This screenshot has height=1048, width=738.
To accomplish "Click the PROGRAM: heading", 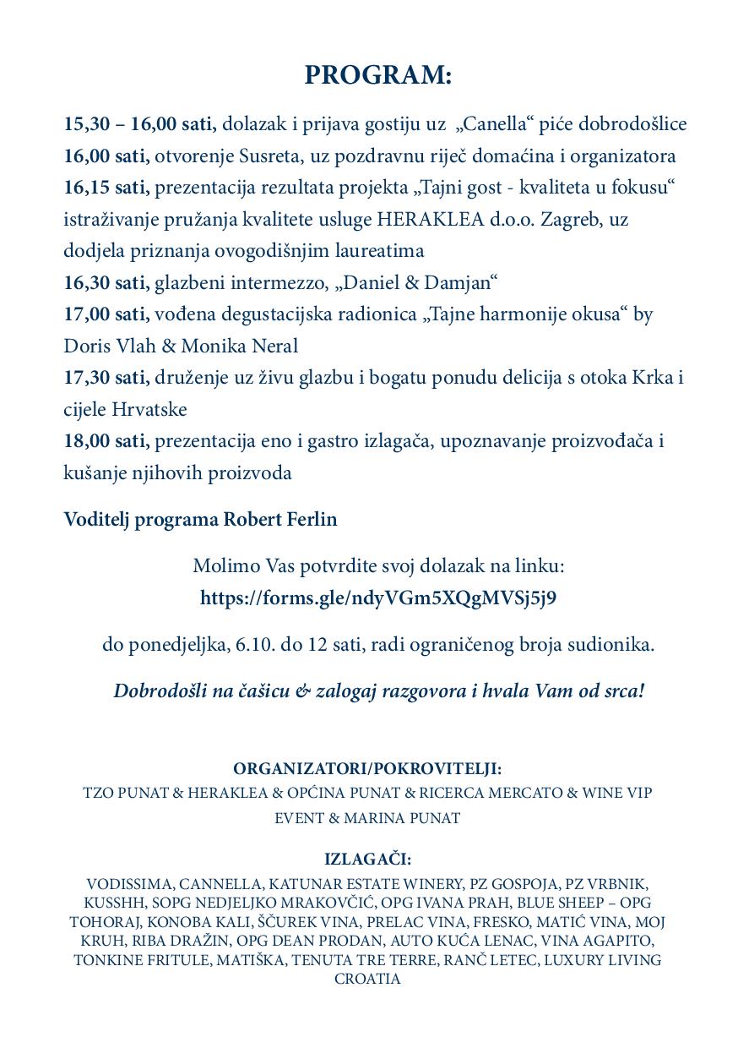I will coord(378,75).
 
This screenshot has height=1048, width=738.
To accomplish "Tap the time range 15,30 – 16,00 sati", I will coord(139,124).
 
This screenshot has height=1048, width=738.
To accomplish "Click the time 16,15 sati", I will coord(105,188).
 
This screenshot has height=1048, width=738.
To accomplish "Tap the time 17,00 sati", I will coord(106,314).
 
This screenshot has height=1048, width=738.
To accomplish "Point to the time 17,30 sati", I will coord(106,378).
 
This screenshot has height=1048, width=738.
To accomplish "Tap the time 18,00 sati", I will coord(106,441).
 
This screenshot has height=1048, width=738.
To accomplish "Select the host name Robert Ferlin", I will coord(279,519).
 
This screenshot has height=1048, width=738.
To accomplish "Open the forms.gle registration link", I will coord(377,598).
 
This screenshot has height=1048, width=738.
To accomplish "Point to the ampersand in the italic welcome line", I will coord(303,691).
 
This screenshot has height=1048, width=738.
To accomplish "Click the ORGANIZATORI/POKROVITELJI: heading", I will coord(367,769).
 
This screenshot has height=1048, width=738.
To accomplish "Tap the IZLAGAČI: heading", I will coord(367,860).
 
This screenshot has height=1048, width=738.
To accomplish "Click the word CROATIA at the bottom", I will coord(367,979).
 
